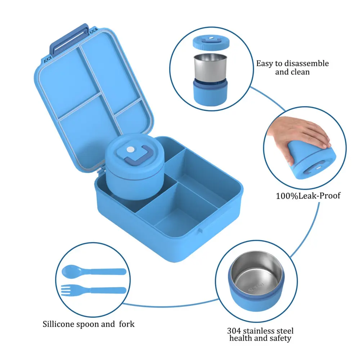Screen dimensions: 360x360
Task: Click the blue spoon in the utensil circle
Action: (94, 271)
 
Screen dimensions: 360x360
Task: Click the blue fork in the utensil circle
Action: (94, 290)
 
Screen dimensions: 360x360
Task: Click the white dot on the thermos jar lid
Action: (130, 150)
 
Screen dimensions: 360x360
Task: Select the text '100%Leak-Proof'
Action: (308, 196)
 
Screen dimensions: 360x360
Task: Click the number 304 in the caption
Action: (234, 331)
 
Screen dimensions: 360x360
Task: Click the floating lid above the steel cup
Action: (211, 43)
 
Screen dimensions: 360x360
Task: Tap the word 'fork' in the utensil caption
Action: (127, 324)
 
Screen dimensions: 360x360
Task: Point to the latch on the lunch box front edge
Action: (200, 230)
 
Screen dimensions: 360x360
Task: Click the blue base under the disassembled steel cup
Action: (210, 92)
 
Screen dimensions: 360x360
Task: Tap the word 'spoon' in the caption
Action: (87, 324)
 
